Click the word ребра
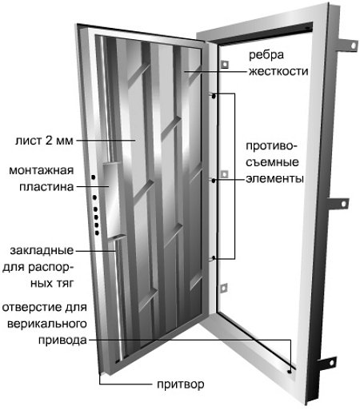(266, 56)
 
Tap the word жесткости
(278, 71)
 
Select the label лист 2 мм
(44, 141)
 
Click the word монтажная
(42, 170)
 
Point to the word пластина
(46, 187)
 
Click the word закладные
(42, 251)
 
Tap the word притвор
(181, 384)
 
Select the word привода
(62, 340)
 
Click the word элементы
(274, 178)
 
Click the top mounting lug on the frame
(348, 45)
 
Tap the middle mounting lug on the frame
(338, 204)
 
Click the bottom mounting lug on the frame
(327, 364)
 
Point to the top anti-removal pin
(213, 96)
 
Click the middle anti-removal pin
(213, 181)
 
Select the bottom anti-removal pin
(213, 257)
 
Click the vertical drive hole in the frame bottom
(290, 372)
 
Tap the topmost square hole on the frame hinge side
(225, 64)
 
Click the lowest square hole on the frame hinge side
(223, 288)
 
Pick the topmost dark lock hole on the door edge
(94, 177)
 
